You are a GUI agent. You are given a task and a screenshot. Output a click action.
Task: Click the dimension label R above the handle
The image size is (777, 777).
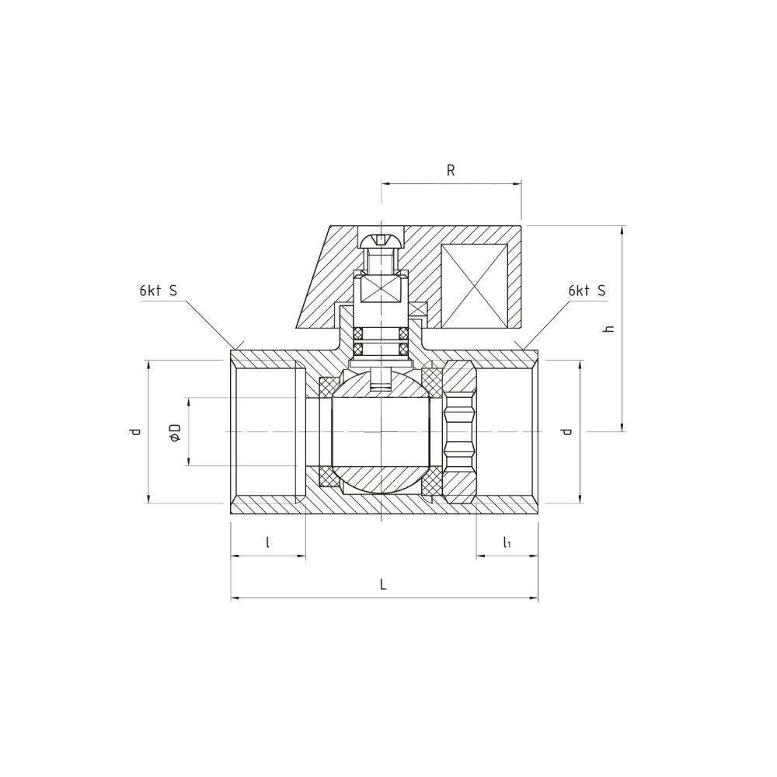tap(451, 170)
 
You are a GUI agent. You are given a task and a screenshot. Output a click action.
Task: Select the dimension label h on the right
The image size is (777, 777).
tap(609, 328)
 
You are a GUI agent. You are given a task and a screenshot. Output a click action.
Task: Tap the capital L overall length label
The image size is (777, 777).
tap(382, 585)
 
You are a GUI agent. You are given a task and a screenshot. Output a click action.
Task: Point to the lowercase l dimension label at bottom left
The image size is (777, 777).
tap(267, 542)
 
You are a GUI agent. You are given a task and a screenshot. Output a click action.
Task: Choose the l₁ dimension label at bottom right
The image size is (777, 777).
tap(507, 542)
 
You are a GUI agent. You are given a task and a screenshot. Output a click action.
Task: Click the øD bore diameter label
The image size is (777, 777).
tap(175, 432)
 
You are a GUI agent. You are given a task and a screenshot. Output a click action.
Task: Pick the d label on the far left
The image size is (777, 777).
tap(135, 431)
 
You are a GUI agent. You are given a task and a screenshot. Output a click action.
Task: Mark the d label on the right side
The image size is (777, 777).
tap(567, 431)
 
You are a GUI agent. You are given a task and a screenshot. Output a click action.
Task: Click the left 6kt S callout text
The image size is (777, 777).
tap(158, 291)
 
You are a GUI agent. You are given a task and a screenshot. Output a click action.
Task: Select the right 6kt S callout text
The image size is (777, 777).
tap(587, 291)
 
